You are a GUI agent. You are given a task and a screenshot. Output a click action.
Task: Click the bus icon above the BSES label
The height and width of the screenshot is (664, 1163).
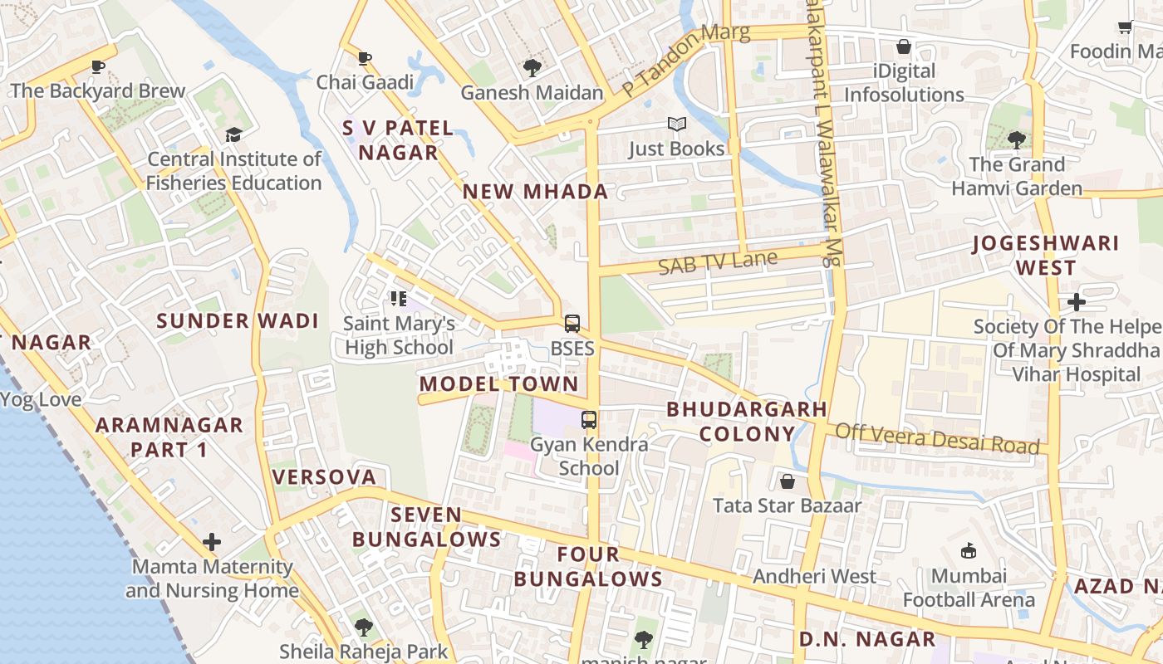coord(572,324)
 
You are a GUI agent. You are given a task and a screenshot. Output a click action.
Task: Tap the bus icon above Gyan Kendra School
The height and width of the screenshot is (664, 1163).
coord(589,420)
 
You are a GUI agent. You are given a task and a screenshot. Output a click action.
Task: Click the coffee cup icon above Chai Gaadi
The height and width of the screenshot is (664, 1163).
coord(364,58)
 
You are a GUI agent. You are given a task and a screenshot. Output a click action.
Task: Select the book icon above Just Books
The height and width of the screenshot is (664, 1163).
coord(677,124)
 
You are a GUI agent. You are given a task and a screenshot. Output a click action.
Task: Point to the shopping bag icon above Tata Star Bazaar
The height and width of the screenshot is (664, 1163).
coord(787,481)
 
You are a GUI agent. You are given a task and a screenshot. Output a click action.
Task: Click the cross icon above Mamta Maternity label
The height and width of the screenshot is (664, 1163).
coord(212,543)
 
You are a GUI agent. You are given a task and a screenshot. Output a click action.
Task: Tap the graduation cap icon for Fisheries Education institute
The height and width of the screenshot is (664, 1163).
coord(233,134)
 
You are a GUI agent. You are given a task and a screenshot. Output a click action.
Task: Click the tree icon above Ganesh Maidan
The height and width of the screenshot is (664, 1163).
coord(532,68)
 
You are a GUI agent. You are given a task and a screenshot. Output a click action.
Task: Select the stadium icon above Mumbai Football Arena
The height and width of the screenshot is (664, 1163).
coord(968,551)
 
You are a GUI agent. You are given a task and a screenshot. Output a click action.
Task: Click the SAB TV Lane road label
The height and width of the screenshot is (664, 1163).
coord(718,263)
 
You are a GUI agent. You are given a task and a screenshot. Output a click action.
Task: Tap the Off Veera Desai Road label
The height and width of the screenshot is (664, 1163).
coord(937,438)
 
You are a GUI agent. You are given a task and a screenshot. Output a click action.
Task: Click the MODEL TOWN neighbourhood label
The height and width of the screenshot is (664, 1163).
coord(498,384)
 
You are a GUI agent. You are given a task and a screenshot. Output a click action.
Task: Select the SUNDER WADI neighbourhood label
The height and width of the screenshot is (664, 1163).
coord(238,321)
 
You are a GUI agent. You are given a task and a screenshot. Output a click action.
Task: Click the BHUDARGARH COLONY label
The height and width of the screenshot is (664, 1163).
coord(747,422)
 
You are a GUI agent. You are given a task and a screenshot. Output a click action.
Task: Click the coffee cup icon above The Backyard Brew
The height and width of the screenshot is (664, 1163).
coord(98,66)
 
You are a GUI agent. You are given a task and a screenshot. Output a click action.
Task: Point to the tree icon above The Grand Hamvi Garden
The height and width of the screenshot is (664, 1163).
coord(1016,139)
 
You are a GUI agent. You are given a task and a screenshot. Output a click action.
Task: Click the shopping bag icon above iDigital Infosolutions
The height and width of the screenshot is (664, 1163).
coord(903,47)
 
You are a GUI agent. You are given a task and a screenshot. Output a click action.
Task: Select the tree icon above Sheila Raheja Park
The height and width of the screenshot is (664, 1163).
coord(363,627)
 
